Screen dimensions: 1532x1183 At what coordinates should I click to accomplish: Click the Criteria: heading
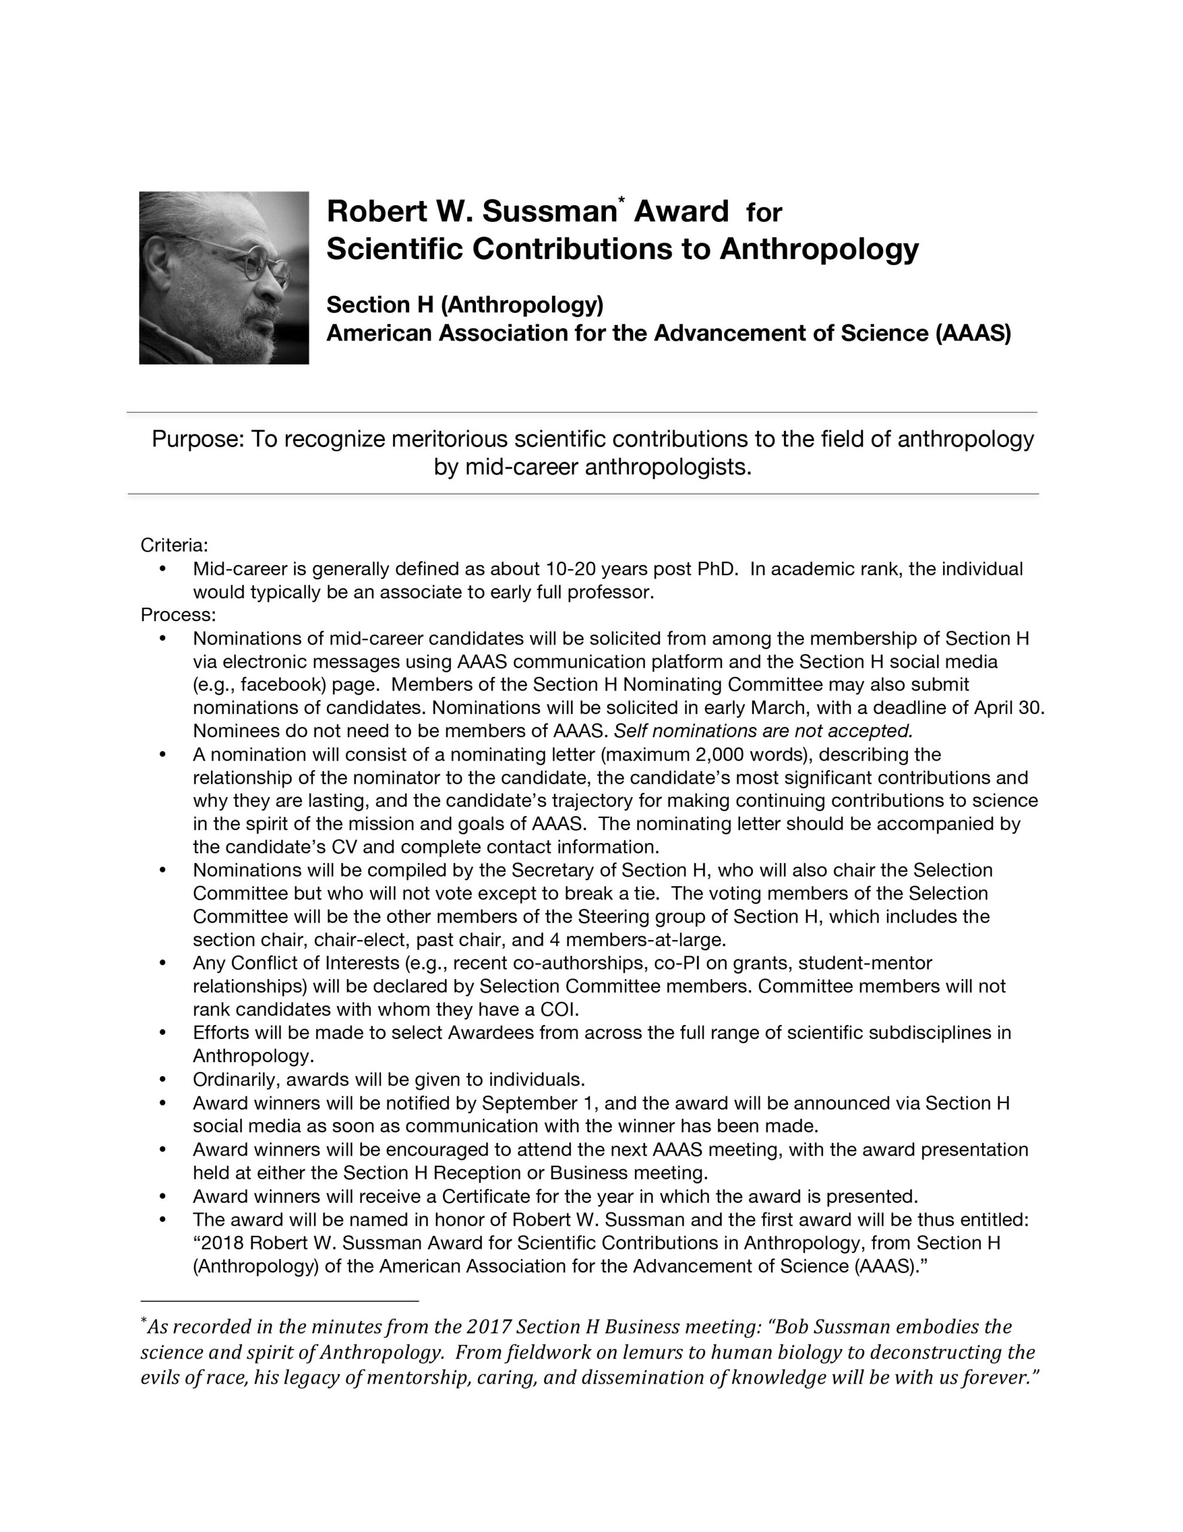tap(174, 545)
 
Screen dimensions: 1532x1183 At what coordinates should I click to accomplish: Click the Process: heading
tap(178, 615)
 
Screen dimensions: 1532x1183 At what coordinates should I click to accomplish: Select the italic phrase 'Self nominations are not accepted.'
tap(763, 731)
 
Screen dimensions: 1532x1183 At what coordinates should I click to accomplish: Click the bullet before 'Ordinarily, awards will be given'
tap(162, 1080)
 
